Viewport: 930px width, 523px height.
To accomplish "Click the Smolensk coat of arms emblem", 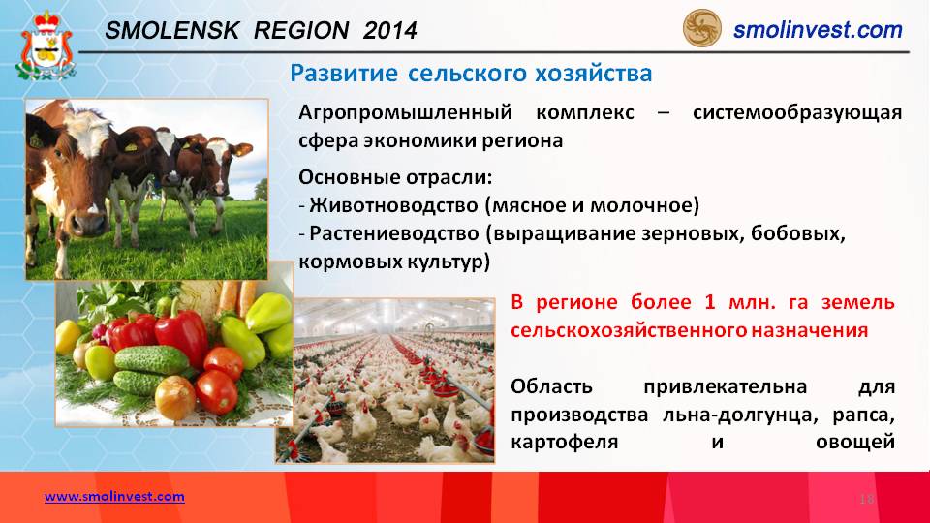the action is (46, 46).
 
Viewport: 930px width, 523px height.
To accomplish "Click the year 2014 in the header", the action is (390, 31).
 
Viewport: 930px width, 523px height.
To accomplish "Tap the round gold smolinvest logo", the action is (701, 28).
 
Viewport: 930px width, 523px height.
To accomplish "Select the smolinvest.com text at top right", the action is (818, 30).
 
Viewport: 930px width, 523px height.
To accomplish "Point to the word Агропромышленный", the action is (405, 112).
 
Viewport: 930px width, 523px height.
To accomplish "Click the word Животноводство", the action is (394, 205).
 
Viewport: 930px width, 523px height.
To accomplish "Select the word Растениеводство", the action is (394, 233).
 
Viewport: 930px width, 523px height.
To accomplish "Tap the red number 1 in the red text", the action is (710, 302).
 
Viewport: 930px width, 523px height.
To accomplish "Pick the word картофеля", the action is (564, 443).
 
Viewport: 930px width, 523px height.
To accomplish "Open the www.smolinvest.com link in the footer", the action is (114, 496).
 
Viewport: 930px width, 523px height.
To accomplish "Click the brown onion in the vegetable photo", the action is (175, 398).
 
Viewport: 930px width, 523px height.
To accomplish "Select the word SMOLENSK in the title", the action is (172, 31).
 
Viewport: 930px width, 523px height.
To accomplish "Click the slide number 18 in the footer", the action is (866, 500).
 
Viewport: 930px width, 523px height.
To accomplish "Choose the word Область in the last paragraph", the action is (551, 386).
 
